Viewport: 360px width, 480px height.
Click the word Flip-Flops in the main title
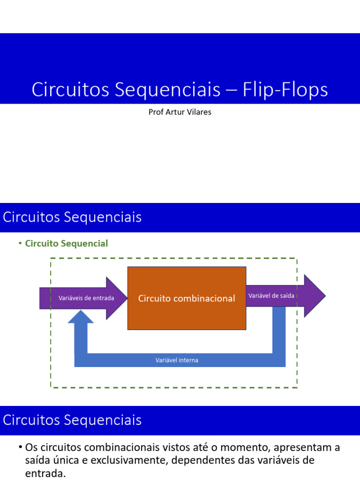285,90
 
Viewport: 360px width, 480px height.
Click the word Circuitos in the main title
70,90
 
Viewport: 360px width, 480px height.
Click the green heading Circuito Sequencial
67,243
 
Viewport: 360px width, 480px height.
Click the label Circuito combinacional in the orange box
187,298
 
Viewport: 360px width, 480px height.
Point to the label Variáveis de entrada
86,298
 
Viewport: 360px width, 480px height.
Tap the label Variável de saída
271,296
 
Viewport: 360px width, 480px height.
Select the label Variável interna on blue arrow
177,360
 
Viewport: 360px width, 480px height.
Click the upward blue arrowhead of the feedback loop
81,316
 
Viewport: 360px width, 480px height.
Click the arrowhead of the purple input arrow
117,298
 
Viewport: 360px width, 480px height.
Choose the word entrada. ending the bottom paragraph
45,473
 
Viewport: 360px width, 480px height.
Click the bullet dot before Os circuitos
21,447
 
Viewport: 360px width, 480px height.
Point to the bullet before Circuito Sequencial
20,243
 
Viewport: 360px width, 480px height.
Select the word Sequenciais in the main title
167,90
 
